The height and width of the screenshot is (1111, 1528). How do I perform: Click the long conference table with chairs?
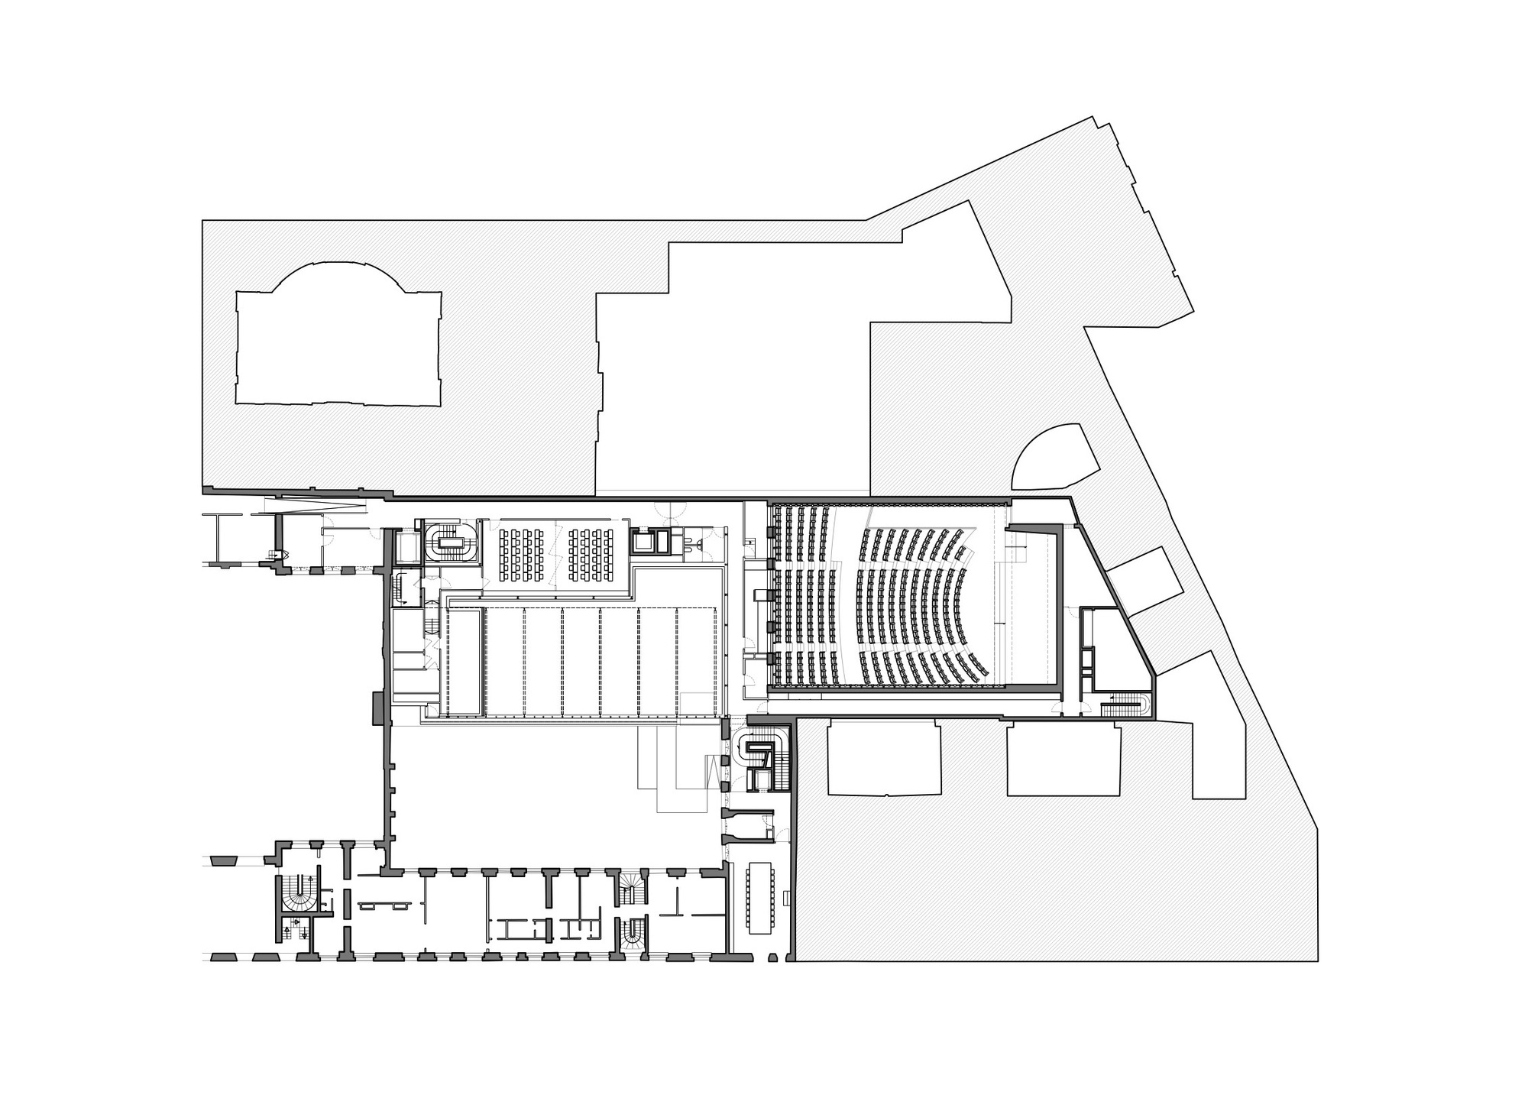761,898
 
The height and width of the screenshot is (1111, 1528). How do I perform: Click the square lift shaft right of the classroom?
650,540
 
